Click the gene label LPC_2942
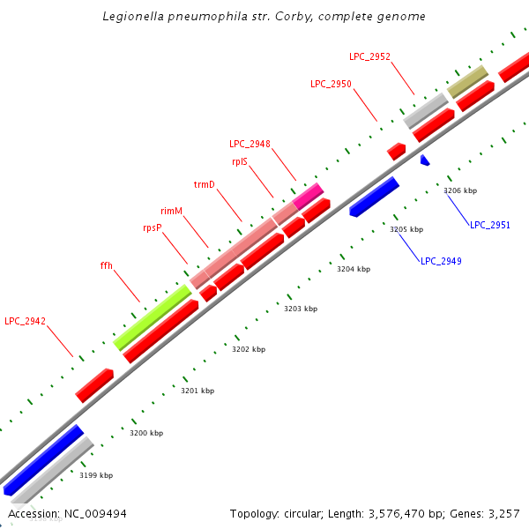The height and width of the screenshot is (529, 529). tap(25, 320)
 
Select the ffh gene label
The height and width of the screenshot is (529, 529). tap(106, 265)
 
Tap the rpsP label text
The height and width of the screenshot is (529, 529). tap(153, 227)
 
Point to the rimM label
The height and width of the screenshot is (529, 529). tap(171, 212)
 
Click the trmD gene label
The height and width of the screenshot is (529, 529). tap(205, 184)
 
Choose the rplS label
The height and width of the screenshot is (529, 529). tap(239, 161)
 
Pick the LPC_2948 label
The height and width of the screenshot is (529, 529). tap(250, 144)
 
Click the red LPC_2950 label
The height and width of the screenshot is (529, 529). tap(331, 84)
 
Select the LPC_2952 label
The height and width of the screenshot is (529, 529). tap(369, 56)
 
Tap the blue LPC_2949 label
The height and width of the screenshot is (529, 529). tap(441, 261)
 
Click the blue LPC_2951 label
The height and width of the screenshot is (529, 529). tap(490, 225)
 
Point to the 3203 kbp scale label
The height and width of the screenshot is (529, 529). tap(301, 309)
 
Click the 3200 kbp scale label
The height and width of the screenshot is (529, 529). tap(146, 433)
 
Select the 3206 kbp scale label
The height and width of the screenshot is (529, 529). tap(460, 190)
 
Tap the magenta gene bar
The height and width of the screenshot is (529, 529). tap(309, 196)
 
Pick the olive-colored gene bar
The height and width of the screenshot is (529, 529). tap(467, 81)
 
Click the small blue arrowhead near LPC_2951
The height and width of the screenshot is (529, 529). tap(425, 160)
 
